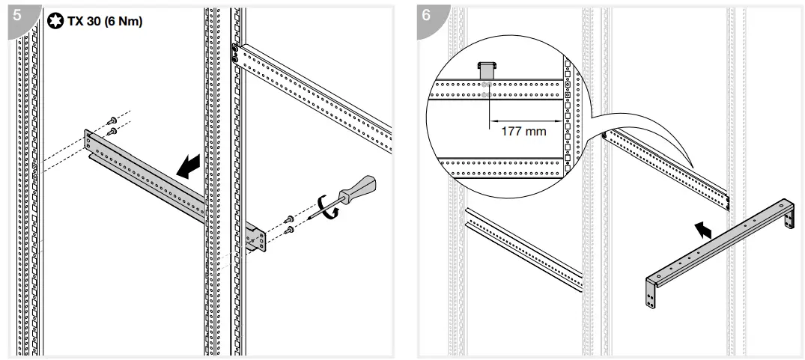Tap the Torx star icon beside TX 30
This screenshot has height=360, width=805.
click(x=55, y=21)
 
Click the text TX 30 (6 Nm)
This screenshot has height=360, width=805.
click(x=105, y=21)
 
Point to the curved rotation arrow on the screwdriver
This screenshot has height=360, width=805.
click(x=327, y=207)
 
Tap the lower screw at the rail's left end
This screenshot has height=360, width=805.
click(x=112, y=132)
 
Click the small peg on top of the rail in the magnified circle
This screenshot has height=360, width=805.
click(x=487, y=69)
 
